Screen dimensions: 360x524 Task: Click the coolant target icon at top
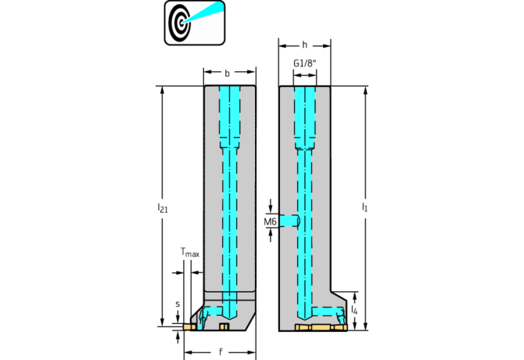point(194,22)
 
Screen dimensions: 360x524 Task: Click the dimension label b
point(228,73)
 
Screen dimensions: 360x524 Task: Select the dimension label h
point(304,45)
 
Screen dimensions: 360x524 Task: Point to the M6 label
point(270,222)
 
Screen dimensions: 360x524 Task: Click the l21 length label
point(162,207)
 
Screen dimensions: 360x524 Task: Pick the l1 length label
point(364,207)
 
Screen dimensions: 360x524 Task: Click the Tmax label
point(189,252)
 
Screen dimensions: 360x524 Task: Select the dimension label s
point(178,304)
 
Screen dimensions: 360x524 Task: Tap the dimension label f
point(221,351)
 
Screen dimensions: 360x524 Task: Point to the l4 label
point(355,311)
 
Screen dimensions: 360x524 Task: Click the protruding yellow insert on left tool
point(188,326)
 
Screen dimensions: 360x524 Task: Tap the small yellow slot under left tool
point(225,326)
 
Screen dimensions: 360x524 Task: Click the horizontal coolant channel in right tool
point(321,310)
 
